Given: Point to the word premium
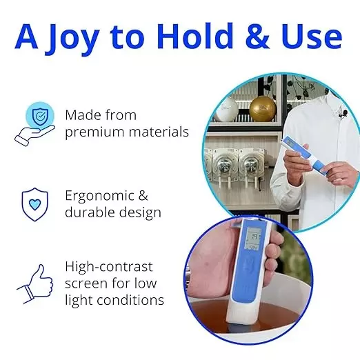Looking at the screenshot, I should [94, 132].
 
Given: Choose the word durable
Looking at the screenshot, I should [93, 212].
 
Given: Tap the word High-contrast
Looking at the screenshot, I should [109, 266].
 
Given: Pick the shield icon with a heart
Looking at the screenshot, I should [34, 204].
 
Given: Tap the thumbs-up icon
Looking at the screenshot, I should [35, 283].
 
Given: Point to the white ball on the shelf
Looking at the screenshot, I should [227, 109].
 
